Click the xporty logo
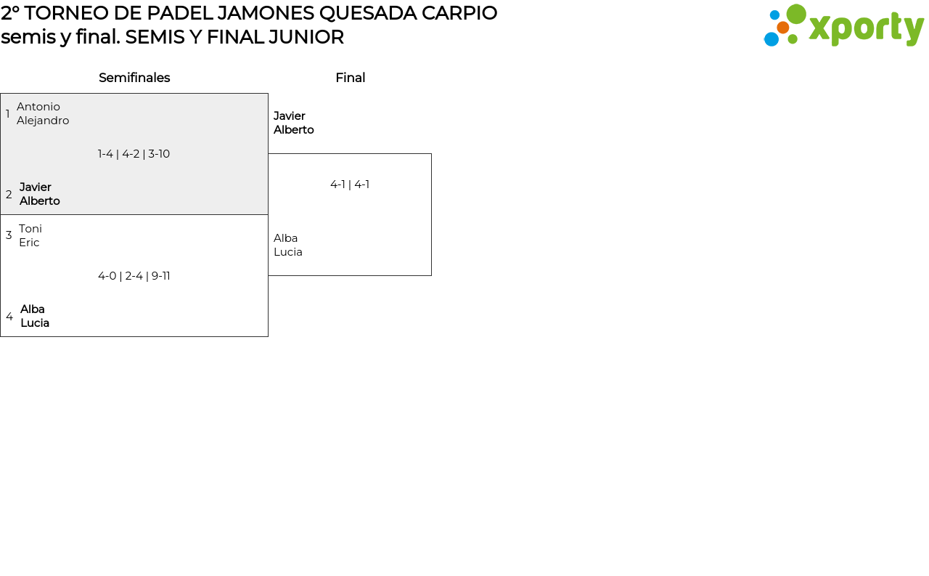pyautogui.click(x=843, y=26)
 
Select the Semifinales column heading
pyautogui.click(x=134, y=78)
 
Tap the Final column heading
pyautogui.click(x=350, y=78)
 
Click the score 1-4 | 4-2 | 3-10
pyautogui.click(x=134, y=154)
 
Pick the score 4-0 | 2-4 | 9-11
pyautogui.click(x=134, y=276)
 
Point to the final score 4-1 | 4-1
pyautogui.click(x=350, y=184)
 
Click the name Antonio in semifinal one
pyautogui.click(x=38, y=107)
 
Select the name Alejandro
pyautogui.click(x=43, y=121)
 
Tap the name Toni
pyautogui.click(x=30, y=229)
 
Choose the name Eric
pyautogui.click(x=29, y=243)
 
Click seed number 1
pyautogui.click(x=8, y=114)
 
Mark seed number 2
pyautogui.click(x=9, y=195)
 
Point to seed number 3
pyautogui.click(x=9, y=235)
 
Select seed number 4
pyautogui.click(x=9, y=317)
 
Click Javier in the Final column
pyautogui.click(x=290, y=116)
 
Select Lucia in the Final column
pyautogui.click(x=288, y=252)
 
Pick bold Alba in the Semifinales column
pyautogui.click(x=33, y=309)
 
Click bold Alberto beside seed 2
pyautogui.click(x=40, y=201)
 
